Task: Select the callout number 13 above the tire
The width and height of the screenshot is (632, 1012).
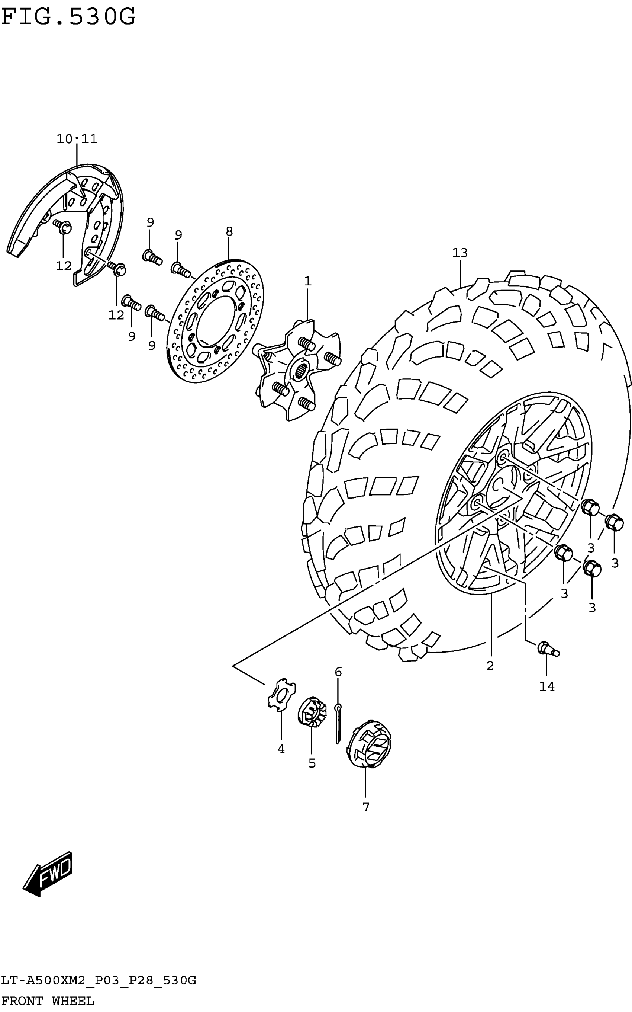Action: tap(460, 253)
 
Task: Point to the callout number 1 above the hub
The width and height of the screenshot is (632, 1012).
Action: tap(308, 281)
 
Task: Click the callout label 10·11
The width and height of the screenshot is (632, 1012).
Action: tap(77, 139)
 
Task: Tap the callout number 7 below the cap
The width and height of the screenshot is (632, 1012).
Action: tap(366, 807)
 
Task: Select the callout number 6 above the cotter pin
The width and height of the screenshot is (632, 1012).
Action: tap(338, 672)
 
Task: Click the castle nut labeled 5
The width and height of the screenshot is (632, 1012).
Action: tap(312, 711)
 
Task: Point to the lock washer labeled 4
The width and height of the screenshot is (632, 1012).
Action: tap(281, 695)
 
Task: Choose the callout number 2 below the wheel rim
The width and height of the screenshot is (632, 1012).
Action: tap(490, 665)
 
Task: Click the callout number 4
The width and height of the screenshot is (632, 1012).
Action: tap(281, 749)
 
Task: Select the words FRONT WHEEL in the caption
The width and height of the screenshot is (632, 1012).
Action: tap(48, 1001)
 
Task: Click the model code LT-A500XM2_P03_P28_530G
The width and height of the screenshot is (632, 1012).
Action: tap(99, 980)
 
